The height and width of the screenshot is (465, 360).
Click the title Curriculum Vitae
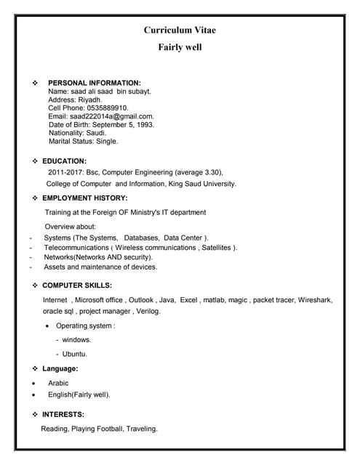point(180,30)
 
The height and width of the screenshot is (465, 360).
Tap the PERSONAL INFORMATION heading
point(95,84)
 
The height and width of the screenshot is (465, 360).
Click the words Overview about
point(70,227)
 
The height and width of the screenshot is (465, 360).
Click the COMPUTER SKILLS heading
point(77,286)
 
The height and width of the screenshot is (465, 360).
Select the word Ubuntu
point(75,354)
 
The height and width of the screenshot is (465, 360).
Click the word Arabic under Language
point(58,382)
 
